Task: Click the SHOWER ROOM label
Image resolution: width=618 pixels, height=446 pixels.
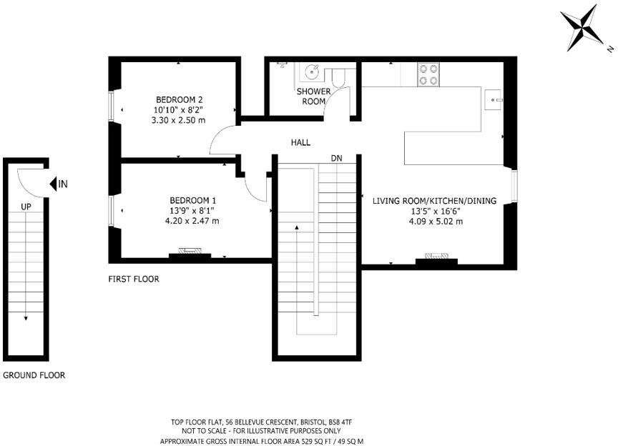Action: click(x=314, y=96)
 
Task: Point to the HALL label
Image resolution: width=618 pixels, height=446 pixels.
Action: click(x=300, y=143)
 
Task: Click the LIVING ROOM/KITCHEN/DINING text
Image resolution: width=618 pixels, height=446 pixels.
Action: click(x=434, y=202)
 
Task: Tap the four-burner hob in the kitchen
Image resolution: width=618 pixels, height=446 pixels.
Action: click(x=428, y=74)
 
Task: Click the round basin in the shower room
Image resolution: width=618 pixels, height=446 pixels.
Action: click(x=313, y=72)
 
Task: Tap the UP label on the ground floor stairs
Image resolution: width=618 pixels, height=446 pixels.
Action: click(x=26, y=207)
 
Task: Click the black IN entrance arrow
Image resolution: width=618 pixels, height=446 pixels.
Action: click(x=54, y=184)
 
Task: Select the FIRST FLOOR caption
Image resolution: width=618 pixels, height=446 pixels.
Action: click(x=134, y=279)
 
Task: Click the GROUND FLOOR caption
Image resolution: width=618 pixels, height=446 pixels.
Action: click(x=34, y=375)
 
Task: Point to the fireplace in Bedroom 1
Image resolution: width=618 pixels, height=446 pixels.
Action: click(x=190, y=252)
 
